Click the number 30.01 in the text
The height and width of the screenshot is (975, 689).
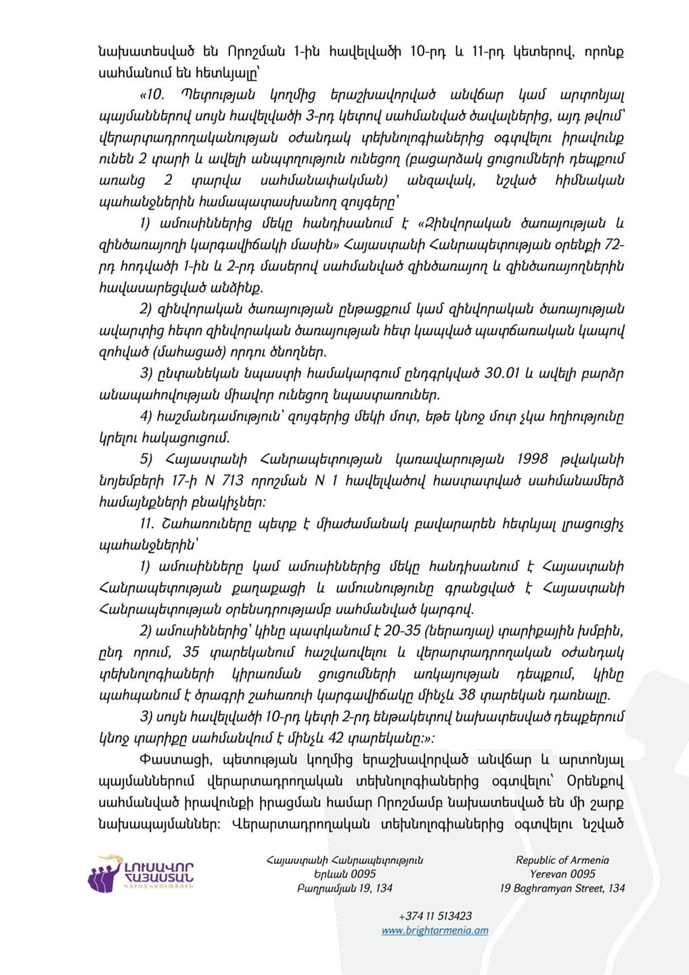coord(502,374)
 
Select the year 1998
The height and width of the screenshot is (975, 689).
coord(532,459)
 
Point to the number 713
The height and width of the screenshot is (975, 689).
coord(232,481)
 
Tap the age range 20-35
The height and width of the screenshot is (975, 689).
coord(402,631)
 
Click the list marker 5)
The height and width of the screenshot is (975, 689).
coord(146,459)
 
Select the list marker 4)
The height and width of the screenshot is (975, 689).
coord(146,416)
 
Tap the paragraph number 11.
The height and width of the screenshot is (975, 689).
coord(147,524)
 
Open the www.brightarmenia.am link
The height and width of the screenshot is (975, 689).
coord(435,930)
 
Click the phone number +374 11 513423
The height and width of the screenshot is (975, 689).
coord(435,916)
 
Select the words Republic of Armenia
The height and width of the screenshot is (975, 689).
coord(562,860)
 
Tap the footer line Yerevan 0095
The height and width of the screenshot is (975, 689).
coord(562,874)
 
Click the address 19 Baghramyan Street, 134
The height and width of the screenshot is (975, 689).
coord(562,888)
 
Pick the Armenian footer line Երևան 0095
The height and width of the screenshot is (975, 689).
coord(344,874)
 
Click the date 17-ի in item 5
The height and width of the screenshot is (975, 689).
coord(182,481)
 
